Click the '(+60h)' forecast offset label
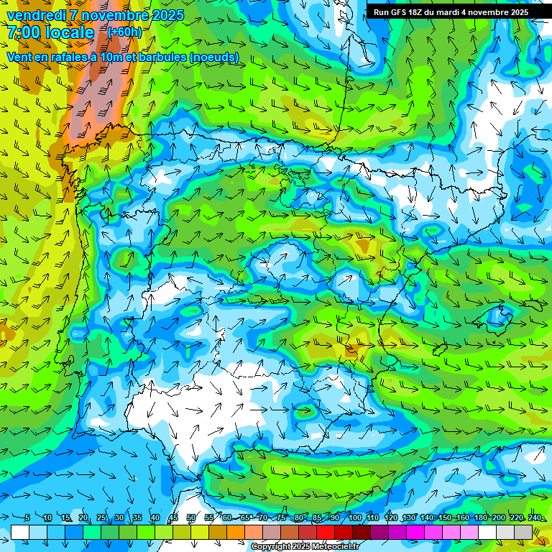pyautogui.click(x=124, y=32)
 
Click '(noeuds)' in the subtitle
pyautogui.click(x=215, y=57)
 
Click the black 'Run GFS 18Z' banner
pyautogui.click(x=451, y=12)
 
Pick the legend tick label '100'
pyautogui.click(x=355, y=518)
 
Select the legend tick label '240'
pyautogui.click(x=534, y=518)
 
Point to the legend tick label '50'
pyautogui.click(x=191, y=518)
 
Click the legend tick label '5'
pyautogui.click(x=27, y=518)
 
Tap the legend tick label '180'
pyautogui.click(x=480, y=518)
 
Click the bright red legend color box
pyautogui.click(x=326, y=532)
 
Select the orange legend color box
pyautogui.click(x=236, y=532)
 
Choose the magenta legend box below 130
pyautogui.click(x=415, y=532)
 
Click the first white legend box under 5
pyautogui.click(x=20, y=532)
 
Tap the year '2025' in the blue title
pyautogui.click(x=167, y=15)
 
